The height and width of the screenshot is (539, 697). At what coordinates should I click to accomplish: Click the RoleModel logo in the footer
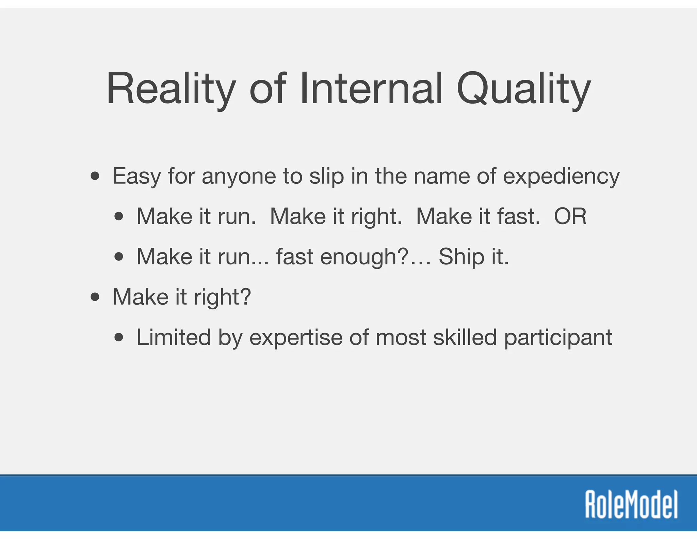[631, 504]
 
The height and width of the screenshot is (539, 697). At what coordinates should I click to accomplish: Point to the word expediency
[561, 176]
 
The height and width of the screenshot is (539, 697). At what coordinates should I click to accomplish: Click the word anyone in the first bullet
[239, 176]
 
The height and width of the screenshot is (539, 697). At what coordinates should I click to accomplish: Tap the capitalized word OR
[570, 216]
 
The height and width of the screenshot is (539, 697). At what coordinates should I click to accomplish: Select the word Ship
[461, 257]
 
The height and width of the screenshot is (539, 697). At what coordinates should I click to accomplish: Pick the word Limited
[174, 337]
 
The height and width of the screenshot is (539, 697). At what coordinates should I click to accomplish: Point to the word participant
[558, 337]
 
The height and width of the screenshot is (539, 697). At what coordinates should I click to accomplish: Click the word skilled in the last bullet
[465, 337]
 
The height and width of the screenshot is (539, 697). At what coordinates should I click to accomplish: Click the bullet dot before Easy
[95, 176]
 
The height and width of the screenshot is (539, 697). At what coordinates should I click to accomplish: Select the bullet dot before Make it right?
[95, 297]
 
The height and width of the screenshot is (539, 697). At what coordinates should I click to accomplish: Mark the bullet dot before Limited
[119, 337]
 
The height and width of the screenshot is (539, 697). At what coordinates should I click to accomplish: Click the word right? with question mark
[222, 297]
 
